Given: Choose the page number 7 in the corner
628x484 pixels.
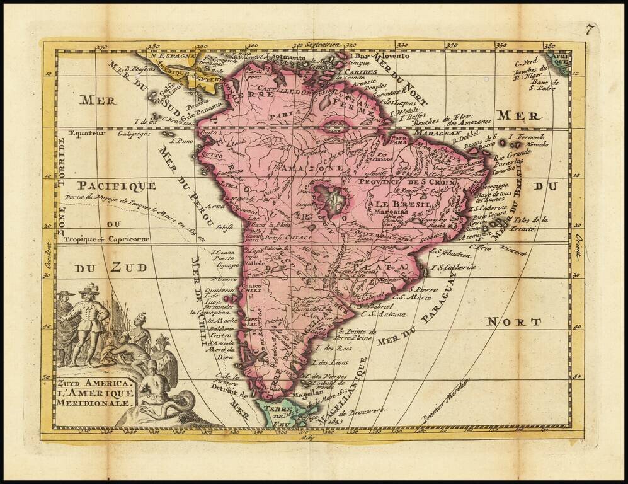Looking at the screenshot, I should pos(589,28).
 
